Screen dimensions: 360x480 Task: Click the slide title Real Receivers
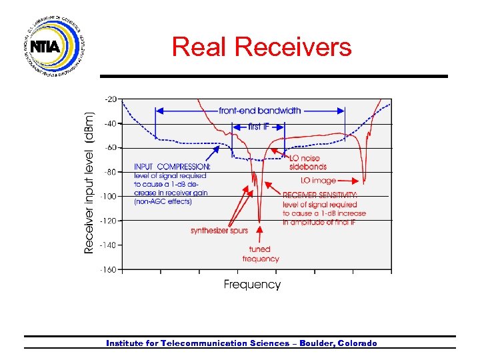coord(261,47)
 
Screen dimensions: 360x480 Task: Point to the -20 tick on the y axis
coord(110,99)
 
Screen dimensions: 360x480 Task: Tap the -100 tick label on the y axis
coord(109,196)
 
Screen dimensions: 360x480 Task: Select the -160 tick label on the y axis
coord(109,269)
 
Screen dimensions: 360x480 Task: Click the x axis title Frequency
coord(252,285)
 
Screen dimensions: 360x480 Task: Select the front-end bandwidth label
coord(259,111)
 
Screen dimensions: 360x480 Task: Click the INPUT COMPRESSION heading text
coord(172,167)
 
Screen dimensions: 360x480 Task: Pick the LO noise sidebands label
coord(307,162)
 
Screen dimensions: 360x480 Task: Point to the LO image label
coord(318,181)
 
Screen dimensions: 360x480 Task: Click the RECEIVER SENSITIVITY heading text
coord(320,195)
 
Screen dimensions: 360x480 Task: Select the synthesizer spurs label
coord(219,231)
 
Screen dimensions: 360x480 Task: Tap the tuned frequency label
coord(261,254)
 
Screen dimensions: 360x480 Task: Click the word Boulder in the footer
coord(317,343)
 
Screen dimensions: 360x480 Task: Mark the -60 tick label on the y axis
coord(110,147)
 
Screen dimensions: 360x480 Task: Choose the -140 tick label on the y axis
coord(109,245)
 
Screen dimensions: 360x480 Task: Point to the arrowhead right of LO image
coord(351,181)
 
